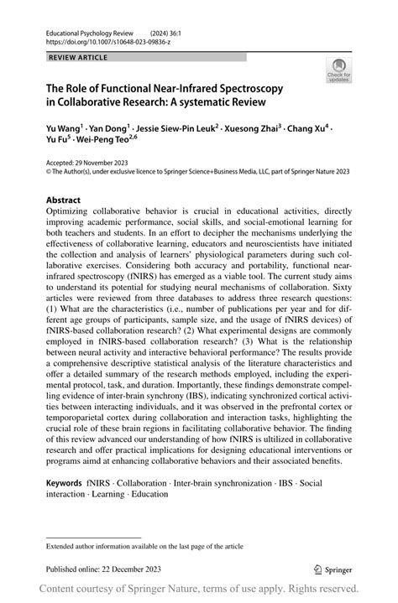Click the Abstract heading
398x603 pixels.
(64, 201)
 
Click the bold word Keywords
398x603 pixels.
(65, 483)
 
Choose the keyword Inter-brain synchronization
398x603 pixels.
(222, 483)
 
